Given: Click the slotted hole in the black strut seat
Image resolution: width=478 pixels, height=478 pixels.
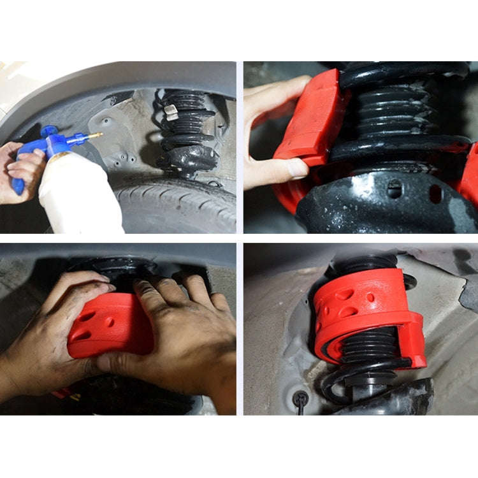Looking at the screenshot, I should [395, 188].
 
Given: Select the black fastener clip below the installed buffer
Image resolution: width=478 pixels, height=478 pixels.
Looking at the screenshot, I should [299, 400].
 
